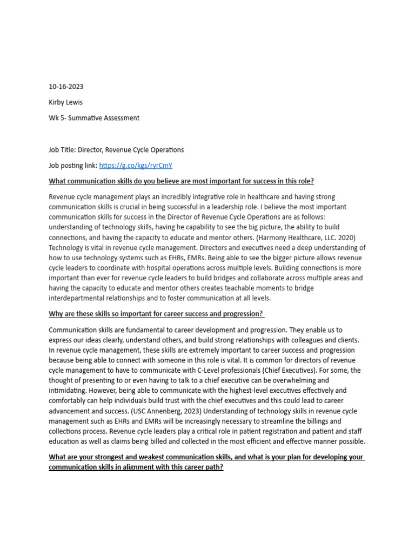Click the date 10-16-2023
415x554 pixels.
point(66,87)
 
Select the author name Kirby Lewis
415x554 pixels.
point(66,102)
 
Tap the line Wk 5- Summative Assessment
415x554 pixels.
point(94,118)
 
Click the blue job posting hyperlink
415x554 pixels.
point(136,166)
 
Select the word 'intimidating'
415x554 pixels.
point(68,391)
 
